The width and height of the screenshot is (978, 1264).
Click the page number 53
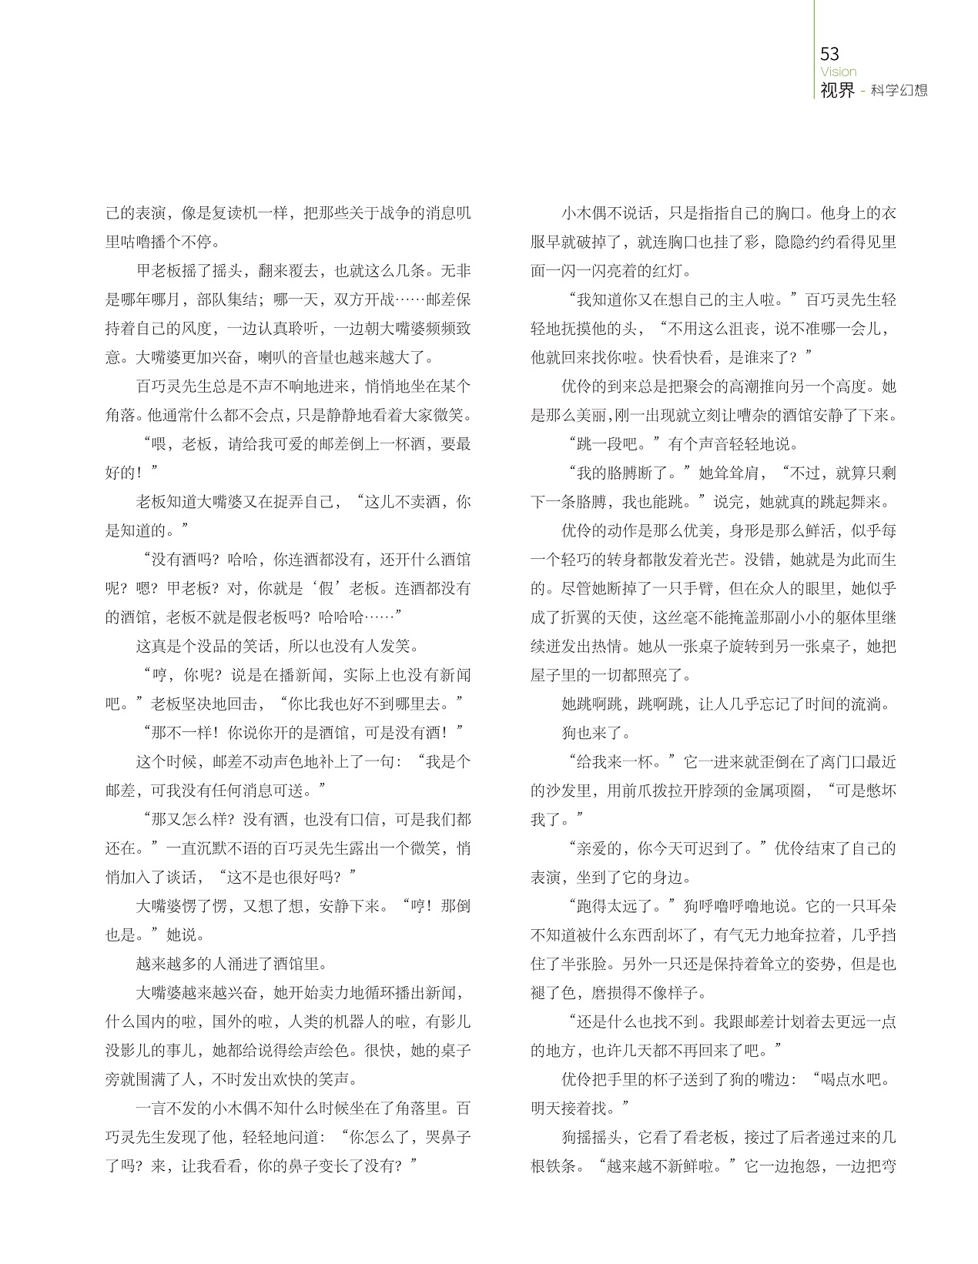pyautogui.click(x=829, y=54)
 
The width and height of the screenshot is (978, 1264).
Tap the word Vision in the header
pyautogui.click(x=838, y=72)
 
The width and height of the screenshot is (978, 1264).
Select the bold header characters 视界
pyautogui.click(x=837, y=90)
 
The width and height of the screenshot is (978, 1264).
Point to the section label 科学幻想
pyautogui.click(x=899, y=91)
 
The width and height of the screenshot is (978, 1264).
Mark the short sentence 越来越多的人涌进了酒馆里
pyautogui.click(x=231, y=964)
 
